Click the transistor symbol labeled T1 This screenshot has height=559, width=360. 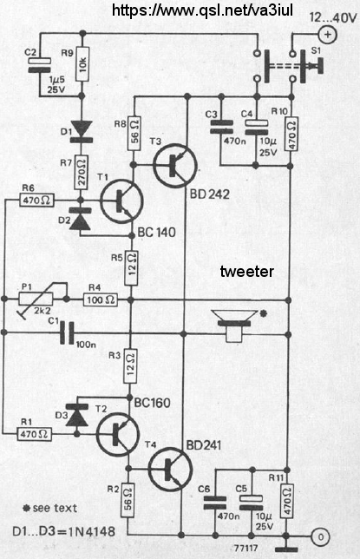tap(121, 201)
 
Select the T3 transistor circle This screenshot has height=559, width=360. tap(175, 165)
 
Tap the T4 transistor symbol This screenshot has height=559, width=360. tap(170, 469)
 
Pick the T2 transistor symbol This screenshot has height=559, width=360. tap(118, 434)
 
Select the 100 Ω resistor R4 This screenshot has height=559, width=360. tap(101, 299)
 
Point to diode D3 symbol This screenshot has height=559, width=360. tap(77, 416)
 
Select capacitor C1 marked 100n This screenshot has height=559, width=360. tap(67, 333)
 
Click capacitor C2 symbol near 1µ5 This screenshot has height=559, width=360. tap(40, 65)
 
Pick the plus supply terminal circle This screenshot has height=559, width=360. tap(328, 35)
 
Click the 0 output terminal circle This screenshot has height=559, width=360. tap(320, 536)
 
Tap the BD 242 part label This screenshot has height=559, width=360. tap(210, 194)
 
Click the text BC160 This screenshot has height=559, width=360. tap(153, 403)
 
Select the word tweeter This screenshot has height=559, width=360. tap(247, 272)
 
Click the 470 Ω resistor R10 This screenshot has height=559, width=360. tap(291, 134)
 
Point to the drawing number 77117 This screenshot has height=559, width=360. tap(246, 548)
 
